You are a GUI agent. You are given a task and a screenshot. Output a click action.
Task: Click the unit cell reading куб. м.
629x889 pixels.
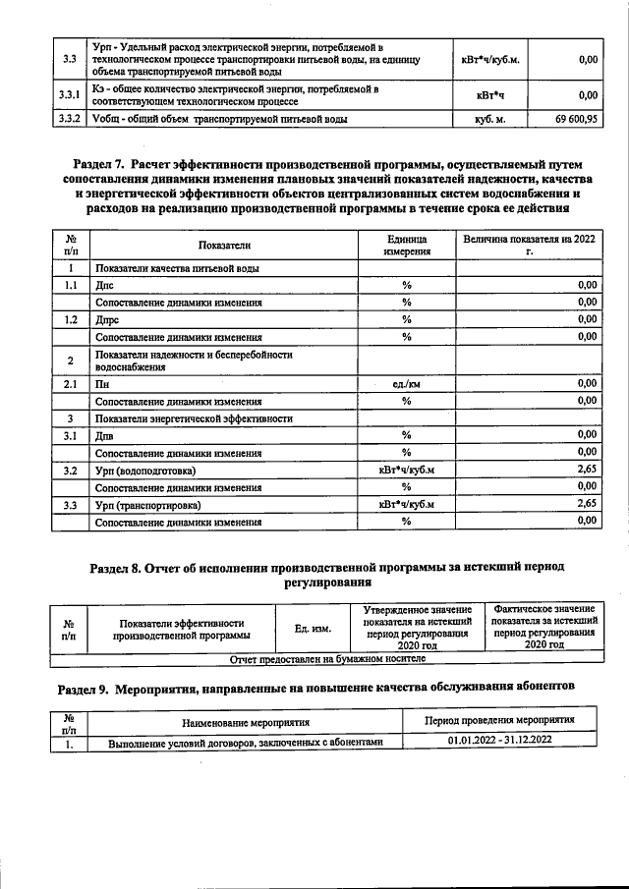[x=489, y=120]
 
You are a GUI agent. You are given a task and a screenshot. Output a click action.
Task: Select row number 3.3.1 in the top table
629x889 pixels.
[x=69, y=95]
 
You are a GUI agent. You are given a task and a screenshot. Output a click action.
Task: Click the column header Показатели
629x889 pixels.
[x=224, y=245]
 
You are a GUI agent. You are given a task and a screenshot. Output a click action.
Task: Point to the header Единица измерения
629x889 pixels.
[x=405, y=245]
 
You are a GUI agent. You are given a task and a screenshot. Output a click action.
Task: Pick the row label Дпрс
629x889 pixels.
[x=106, y=319]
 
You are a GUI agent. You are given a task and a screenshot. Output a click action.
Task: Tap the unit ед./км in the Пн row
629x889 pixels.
[x=405, y=383]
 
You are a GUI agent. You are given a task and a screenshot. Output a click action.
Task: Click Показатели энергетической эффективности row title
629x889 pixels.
[x=193, y=418]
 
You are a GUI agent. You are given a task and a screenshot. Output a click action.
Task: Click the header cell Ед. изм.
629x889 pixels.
[x=314, y=627]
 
